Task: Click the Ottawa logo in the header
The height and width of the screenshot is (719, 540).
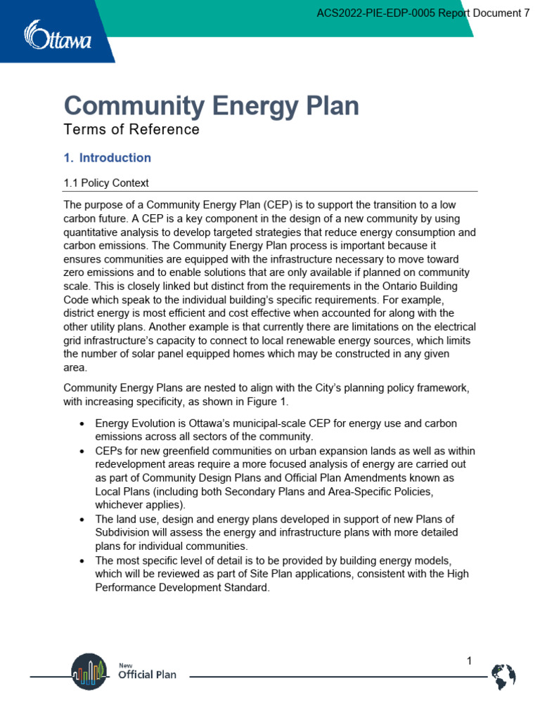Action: tap(58, 35)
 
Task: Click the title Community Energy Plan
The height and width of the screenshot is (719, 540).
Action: tap(211, 106)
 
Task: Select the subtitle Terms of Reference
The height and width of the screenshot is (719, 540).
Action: tap(131, 130)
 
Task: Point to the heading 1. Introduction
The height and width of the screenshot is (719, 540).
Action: tap(108, 158)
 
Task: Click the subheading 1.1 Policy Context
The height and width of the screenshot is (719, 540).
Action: tap(106, 183)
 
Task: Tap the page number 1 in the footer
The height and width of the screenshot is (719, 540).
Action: tap(469, 661)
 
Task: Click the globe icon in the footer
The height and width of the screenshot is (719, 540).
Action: tap(503, 676)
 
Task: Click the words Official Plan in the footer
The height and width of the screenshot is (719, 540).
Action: tap(147, 675)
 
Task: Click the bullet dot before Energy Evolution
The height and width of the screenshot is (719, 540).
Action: tap(82, 424)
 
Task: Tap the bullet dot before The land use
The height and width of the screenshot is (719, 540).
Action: tap(82, 519)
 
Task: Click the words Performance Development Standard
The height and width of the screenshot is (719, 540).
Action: tap(181, 588)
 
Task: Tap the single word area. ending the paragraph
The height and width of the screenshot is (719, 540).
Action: tap(75, 367)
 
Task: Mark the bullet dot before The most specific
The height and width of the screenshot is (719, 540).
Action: tap(82, 560)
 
